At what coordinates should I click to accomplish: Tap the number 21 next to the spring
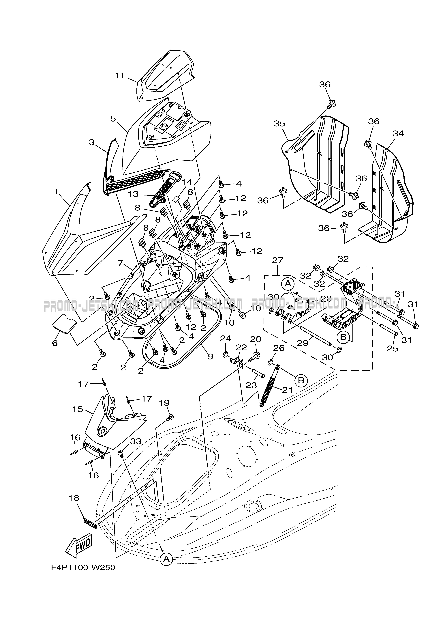287,390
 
